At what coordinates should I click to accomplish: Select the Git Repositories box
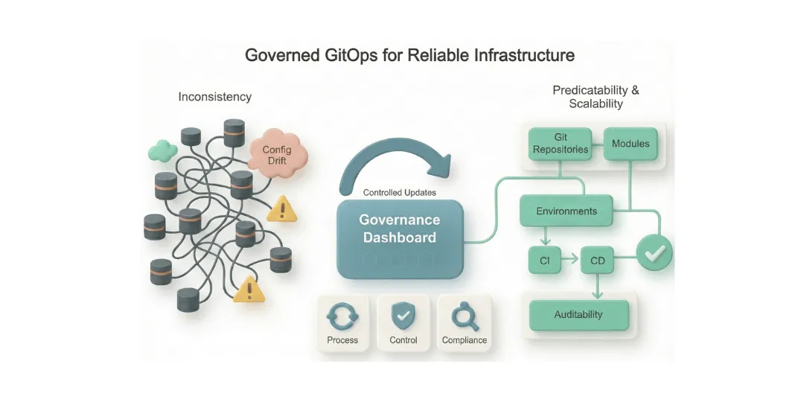[560, 144]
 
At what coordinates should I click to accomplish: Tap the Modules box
[630, 144]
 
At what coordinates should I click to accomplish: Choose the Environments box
[566, 211]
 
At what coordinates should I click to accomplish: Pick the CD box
[597, 261]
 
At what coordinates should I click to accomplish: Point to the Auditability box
[578, 315]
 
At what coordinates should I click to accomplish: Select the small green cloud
[162, 151]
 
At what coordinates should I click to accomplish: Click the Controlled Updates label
[400, 193]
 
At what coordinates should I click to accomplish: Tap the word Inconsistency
[214, 97]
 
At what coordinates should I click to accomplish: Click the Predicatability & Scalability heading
[596, 97]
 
